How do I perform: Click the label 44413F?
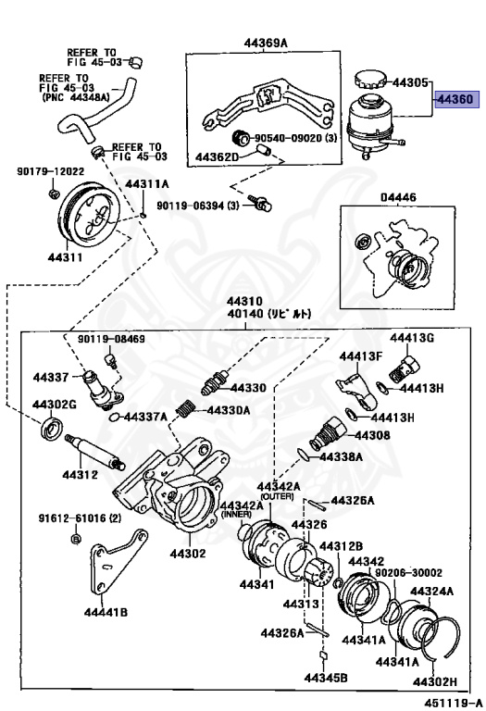[360, 356]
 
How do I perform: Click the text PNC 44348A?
[74, 97]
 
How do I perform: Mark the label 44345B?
[329, 680]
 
